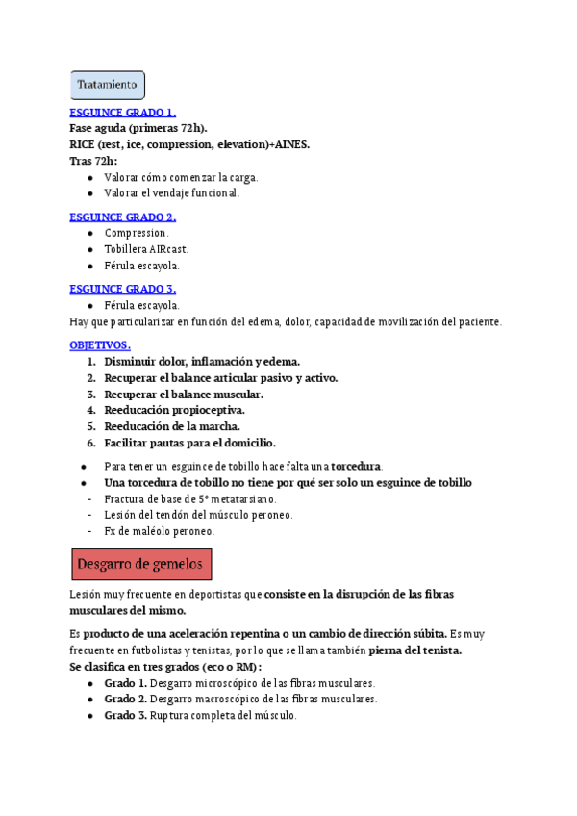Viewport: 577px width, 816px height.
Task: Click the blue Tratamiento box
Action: pyautogui.click(x=108, y=85)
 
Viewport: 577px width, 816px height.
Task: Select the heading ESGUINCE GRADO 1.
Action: pyautogui.click(x=123, y=113)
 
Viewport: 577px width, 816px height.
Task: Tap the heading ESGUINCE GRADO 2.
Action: pyautogui.click(x=123, y=217)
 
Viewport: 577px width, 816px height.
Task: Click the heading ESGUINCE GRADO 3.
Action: pyautogui.click(x=123, y=289)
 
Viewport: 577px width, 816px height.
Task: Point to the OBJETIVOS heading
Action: pyautogui.click(x=100, y=344)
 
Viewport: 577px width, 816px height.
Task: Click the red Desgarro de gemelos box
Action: pyautogui.click(x=142, y=563)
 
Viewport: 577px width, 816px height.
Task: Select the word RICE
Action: pyautogui.click(x=83, y=144)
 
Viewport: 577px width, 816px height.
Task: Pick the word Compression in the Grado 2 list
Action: pyautogui.click(x=137, y=233)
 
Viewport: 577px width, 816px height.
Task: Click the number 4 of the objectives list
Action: pyautogui.click(x=91, y=410)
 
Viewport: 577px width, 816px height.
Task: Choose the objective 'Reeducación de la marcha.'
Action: pyautogui.click(x=172, y=426)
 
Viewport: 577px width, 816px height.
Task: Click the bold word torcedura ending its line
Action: pyautogui.click(x=356, y=466)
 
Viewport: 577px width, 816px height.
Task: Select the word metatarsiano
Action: pyautogui.click(x=242, y=498)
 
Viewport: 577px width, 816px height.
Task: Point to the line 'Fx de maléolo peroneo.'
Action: pyautogui.click(x=160, y=531)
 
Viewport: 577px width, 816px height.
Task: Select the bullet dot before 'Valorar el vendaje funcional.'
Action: pyautogui.click(x=89, y=193)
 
